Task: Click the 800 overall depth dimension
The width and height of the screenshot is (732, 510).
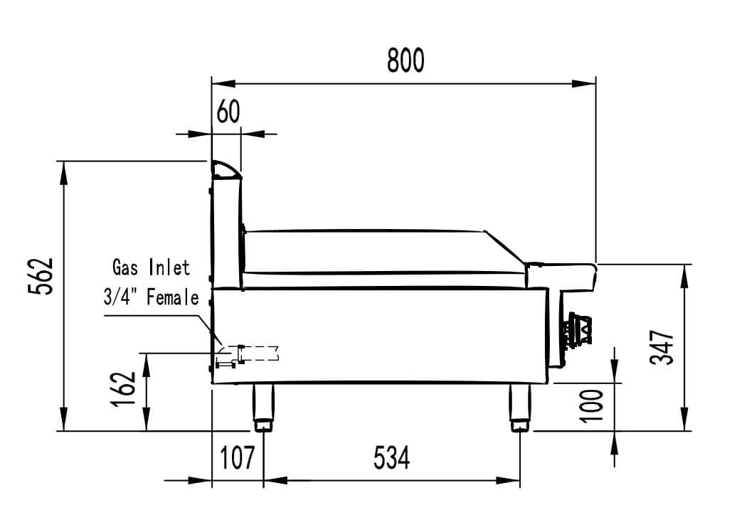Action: [x=405, y=61]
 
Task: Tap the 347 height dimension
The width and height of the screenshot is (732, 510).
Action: [x=663, y=346]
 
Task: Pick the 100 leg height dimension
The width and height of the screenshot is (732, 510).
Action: [x=592, y=405]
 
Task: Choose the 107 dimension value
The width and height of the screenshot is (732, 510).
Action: [x=237, y=458]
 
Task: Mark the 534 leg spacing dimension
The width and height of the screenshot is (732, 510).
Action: [x=391, y=458]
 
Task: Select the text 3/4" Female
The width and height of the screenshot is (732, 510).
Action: [x=152, y=297]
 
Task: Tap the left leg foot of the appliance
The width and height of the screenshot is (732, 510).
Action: [x=263, y=425]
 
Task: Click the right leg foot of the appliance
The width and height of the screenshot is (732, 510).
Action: [x=519, y=425]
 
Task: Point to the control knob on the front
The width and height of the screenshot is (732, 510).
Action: [x=578, y=331]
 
